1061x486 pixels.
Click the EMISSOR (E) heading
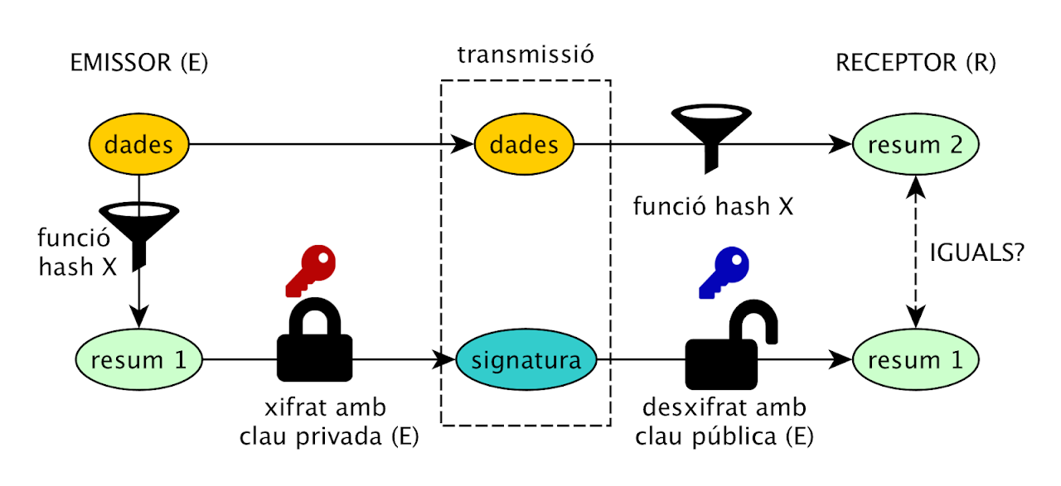pyautogui.click(x=139, y=63)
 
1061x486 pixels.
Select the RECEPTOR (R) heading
pyautogui.click(x=916, y=63)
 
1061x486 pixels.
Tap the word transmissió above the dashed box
pyautogui.click(x=526, y=55)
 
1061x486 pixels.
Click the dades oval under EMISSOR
pyautogui.click(x=139, y=145)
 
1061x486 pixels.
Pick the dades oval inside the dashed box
pyautogui.click(x=524, y=145)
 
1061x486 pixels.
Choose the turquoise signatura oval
pyautogui.click(x=526, y=361)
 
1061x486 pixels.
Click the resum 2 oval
pyautogui.click(x=916, y=145)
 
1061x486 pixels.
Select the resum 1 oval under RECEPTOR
pyautogui.click(x=916, y=361)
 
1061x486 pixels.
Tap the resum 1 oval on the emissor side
pyautogui.click(x=139, y=361)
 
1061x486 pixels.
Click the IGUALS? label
pyautogui.click(x=978, y=253)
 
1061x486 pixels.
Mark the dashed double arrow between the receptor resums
pyautogui.click(x=916, y=253)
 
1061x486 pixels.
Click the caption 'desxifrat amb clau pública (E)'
pyautogui.click(x=724, y=423)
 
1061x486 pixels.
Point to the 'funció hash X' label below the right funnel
pyautogui.click(x=713, y=206)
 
